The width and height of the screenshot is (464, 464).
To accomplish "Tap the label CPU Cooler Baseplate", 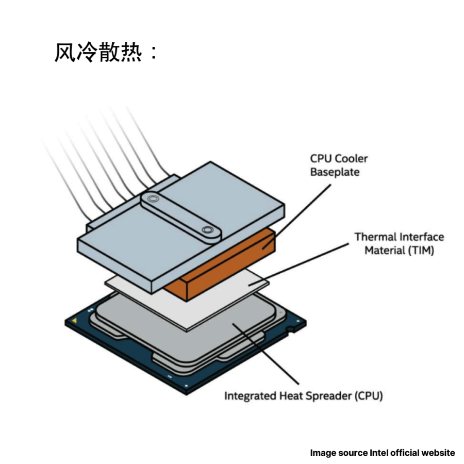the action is point(339,165).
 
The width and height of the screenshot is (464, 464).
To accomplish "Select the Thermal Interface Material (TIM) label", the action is point(399,243).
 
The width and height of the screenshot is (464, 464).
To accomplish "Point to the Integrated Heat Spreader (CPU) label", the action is point(304,395).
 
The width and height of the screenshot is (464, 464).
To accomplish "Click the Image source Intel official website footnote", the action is point(383,453).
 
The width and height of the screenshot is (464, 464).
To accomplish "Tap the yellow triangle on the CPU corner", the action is point(75,321).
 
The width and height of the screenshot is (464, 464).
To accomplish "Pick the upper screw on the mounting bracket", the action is point(153,198).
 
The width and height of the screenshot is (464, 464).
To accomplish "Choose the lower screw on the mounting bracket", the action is point(207,230).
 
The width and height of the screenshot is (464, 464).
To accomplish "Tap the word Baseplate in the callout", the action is point(335,172).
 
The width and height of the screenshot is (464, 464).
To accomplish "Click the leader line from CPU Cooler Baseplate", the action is point(296,217).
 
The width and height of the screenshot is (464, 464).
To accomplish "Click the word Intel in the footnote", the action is point(379,453).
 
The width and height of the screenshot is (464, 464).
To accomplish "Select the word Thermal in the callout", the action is point(373,237).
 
